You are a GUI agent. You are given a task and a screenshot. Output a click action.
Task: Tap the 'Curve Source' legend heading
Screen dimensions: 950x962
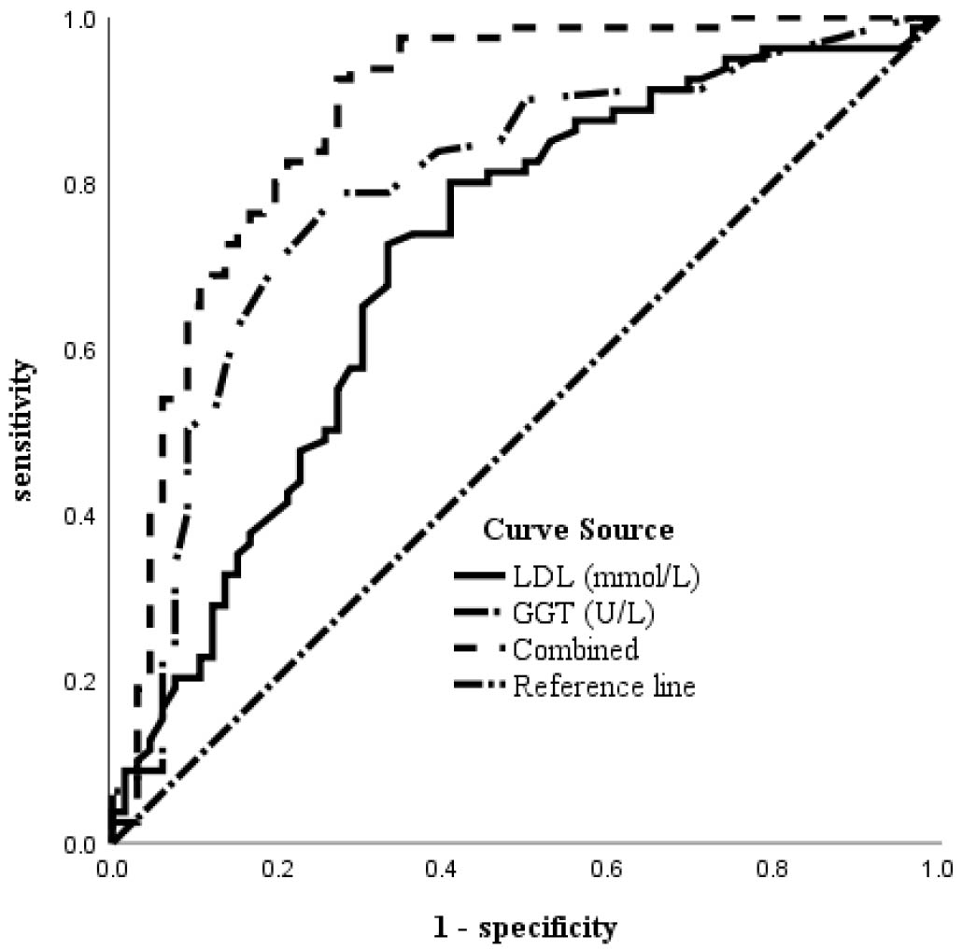pos(578,531)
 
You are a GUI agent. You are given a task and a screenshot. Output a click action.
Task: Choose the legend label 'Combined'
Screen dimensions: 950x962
pos(576,649)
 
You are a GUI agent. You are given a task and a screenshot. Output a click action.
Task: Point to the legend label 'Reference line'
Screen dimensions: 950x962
pos(604,687)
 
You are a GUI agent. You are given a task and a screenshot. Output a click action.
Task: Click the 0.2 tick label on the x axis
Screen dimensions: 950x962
pos(276,869)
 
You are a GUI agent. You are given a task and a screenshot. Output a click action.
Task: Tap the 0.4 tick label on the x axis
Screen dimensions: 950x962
pos(442,869)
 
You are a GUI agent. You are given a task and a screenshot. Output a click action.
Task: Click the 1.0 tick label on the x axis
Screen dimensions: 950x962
pos(938,869)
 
